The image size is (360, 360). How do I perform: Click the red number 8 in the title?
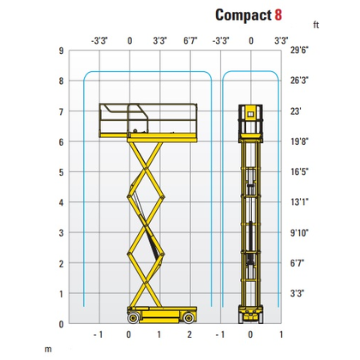(x=279, y=15)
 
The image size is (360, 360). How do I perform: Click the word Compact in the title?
(x=243, y=15)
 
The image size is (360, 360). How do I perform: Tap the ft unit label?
(x=315, y=25)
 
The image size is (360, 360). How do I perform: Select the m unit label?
(x=48, y=349)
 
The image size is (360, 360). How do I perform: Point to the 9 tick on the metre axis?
(x=61, y=51)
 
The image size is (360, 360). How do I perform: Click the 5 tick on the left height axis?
(x=61, y=172)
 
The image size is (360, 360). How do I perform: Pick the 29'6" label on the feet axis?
(x=299, y=51)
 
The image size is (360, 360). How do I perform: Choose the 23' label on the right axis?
(x=296, y=111)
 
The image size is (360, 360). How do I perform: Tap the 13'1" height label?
(x=299, y=202)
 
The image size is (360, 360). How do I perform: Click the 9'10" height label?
(x=299, y=233)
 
